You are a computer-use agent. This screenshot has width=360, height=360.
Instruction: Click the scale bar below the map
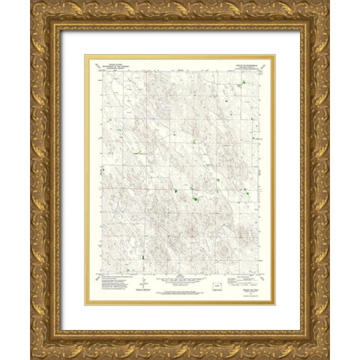coord(180,284)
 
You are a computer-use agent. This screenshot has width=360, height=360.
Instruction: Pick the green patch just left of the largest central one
coord(175,192)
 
